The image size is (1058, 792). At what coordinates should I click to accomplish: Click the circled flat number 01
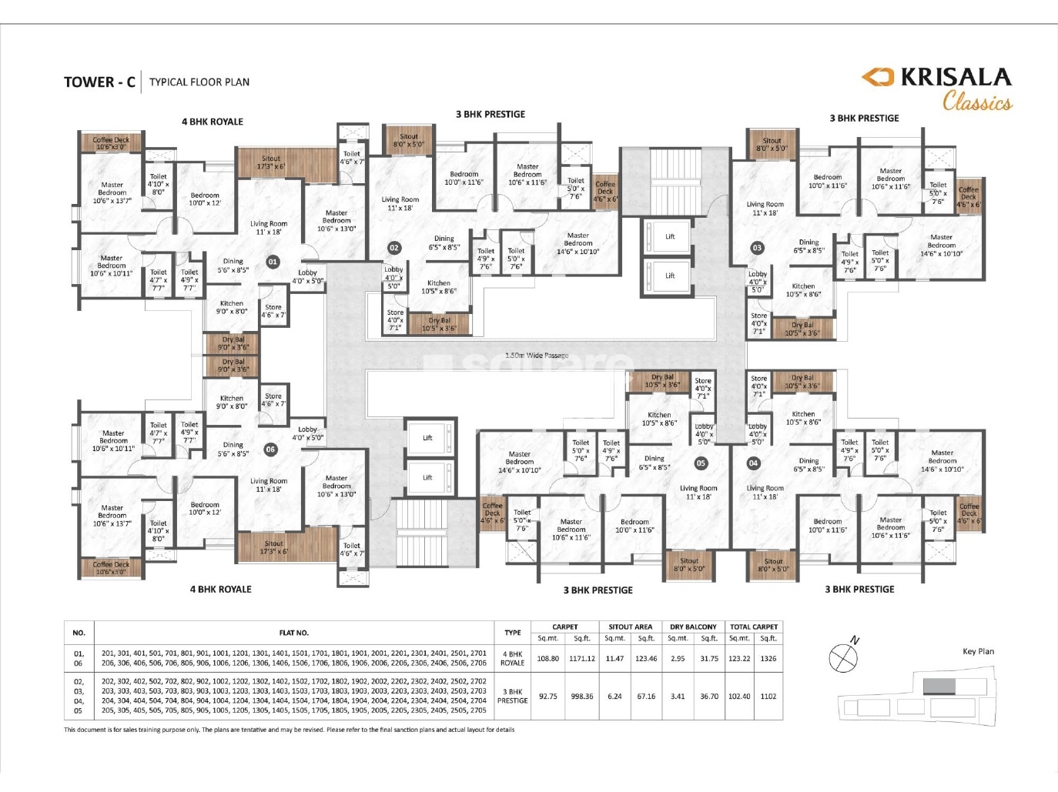273,262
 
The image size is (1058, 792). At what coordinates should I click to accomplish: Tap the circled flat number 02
394,248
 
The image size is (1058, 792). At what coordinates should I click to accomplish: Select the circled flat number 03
757,248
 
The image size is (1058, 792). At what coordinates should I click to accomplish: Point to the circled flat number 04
753,463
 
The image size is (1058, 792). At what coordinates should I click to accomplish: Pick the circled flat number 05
701,463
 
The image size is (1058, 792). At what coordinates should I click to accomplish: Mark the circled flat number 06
270,449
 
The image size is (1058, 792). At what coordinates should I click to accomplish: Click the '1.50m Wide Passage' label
537,356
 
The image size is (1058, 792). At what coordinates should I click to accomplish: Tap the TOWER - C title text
99,82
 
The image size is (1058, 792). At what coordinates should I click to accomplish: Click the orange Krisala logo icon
877,76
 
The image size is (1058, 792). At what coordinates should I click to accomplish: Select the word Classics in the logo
977,102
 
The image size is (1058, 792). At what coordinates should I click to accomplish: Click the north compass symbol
843,657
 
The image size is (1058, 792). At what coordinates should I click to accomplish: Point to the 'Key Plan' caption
978,651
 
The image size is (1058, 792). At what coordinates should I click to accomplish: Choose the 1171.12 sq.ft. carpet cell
581,659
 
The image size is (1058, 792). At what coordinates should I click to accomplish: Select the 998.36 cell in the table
581,697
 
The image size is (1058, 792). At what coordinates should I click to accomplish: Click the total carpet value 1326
768,659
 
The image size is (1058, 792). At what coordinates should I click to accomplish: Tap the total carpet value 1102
768,697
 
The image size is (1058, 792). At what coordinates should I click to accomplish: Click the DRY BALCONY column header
693,627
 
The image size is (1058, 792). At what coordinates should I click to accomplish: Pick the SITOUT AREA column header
630,627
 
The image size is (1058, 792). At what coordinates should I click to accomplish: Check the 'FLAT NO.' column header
293,633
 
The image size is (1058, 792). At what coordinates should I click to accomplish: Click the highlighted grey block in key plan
939,686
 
